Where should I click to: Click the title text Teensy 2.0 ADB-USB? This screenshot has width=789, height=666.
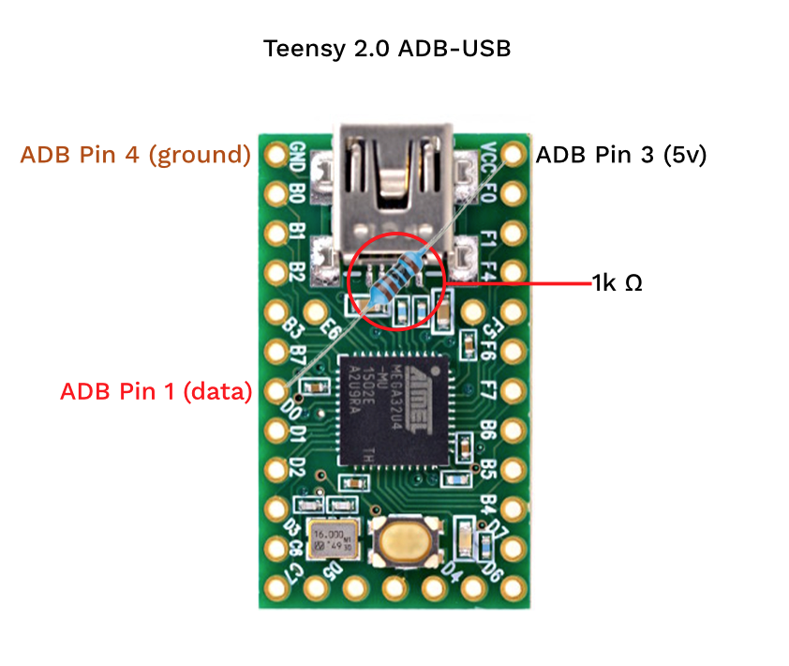pyautogui.click(x=387, y=49)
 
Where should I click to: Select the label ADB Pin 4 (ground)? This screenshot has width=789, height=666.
pyautogui.click(x=135, y=155)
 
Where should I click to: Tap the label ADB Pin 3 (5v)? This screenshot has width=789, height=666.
pyautogui.click(x=620, y=155)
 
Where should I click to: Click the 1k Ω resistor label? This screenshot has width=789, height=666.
pyautogui.click(x=617, y=281)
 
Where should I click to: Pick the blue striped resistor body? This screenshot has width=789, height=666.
pyautogui.click(x=394, y=280)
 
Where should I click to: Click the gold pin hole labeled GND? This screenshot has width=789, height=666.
pyautogui.click(x=275, y=155)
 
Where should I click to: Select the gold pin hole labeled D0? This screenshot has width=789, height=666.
pyautogui.click(x=275, y=391)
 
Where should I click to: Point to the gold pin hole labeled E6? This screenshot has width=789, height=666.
pyautogui.click(x=315, y=312)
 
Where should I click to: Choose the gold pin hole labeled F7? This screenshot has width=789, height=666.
pyautogui.click(x=513, y=391)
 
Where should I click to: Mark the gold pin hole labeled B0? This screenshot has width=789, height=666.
pyautogui.click(x=275, y=194)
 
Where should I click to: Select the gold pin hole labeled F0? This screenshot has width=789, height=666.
pyautogui.click(x=513, y=194)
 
